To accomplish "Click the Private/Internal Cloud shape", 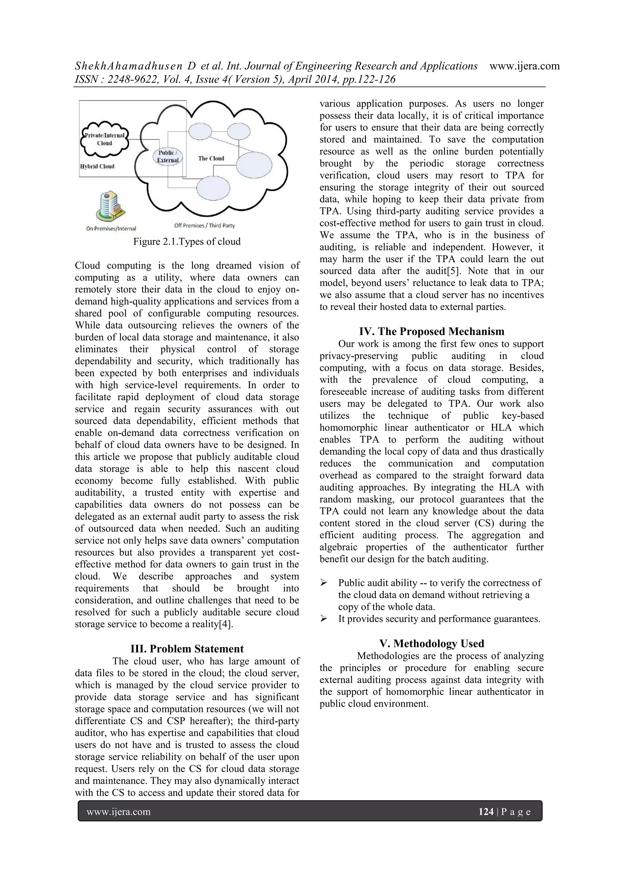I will point(105,140).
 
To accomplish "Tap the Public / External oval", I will point(168,156).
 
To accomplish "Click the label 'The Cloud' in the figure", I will point(211,159).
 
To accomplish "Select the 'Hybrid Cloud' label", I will point(97,166).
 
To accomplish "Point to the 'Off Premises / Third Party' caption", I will point(204,226).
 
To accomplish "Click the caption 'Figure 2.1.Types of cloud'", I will point(187,242).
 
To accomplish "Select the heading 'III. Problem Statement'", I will point(187,649).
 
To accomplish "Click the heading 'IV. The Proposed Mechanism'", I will point(432,331).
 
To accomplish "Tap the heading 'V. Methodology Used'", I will point(432,643).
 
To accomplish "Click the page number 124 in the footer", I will point(486,812).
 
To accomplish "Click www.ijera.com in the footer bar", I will point(118,812).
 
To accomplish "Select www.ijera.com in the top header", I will point(524,66).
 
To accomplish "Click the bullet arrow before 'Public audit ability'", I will point(324,583).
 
